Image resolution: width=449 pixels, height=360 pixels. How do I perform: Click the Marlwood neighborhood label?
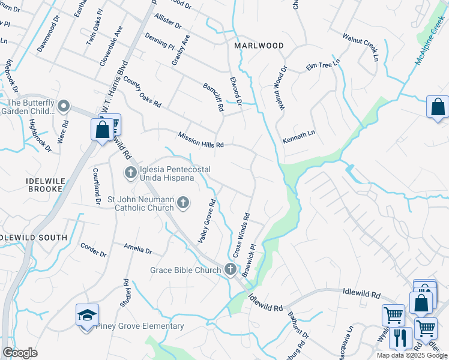(258, 46)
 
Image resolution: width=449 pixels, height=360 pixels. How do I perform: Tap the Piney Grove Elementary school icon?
(87, 314)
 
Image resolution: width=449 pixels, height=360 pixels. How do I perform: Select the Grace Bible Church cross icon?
(231, 270)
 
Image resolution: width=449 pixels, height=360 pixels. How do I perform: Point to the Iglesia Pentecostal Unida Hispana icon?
(131, 173)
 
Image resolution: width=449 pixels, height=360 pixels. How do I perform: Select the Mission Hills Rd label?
(200, 140)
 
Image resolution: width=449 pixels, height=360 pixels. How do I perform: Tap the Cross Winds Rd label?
(240, 235)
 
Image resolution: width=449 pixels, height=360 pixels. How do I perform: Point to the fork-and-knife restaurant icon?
(400, 338)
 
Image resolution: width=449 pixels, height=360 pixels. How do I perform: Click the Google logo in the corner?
(19, 353)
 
